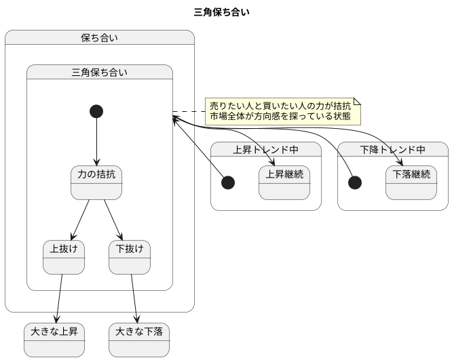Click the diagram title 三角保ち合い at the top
coord(225,12)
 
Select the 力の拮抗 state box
coord(96,182)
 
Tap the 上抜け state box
coord(63,257)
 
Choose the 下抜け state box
coord(130,257)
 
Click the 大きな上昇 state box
coord(54,340)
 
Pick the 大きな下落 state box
coord(139,340)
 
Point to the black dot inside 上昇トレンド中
coord(229,182)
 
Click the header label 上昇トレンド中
coord(266,150)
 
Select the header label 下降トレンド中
coord(393,150)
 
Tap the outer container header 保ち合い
coord(99,38)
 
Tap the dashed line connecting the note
coord(189,111)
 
